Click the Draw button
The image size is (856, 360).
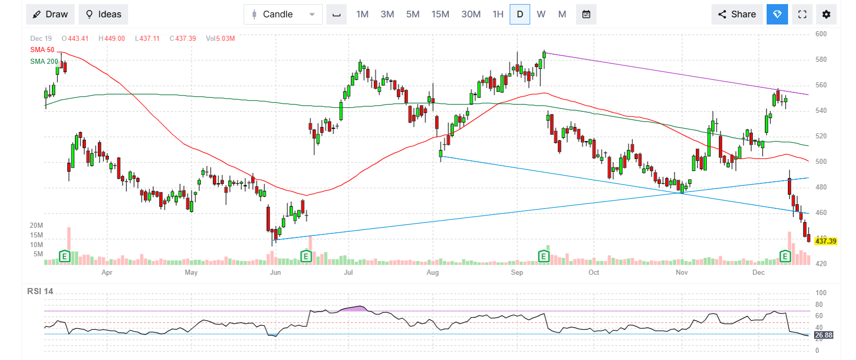(50, 14)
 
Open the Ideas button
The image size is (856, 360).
(103, 14)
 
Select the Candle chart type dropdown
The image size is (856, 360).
(283, 14)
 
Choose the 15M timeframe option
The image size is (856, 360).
(440, 14)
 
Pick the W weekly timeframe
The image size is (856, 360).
(541, 14)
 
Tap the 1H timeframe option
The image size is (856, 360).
(498, 14)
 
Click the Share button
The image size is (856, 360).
(736, 14)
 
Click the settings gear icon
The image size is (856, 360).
(826, 14)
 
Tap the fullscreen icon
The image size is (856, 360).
(802, 14)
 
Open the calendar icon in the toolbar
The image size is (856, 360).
(586, 14)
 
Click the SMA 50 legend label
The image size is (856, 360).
(42, 50)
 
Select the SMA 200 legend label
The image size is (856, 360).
(44, 61)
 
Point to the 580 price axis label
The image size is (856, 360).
(821, 59)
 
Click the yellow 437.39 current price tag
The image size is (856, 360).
(825, 241)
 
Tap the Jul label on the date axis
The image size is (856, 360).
(348, 272)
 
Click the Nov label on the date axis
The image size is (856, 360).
(681, 272)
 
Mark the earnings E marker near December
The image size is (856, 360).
(784, 256)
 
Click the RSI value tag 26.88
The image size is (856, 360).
(823, 335)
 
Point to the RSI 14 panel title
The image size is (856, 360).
(40, 291)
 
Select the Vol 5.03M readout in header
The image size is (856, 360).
(220, 38)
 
